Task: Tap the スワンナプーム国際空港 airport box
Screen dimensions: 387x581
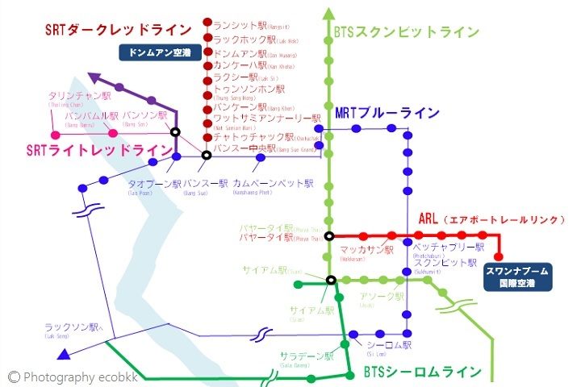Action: click(518, 278)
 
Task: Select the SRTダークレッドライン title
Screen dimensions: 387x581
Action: click(117, 30)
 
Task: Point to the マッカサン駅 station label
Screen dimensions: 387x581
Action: click(366, 251)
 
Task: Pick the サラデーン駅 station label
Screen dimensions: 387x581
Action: click(306, 356)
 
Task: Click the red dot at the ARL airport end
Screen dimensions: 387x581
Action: click(498, 257)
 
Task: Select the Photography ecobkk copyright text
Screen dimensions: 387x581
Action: click(64, 377)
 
